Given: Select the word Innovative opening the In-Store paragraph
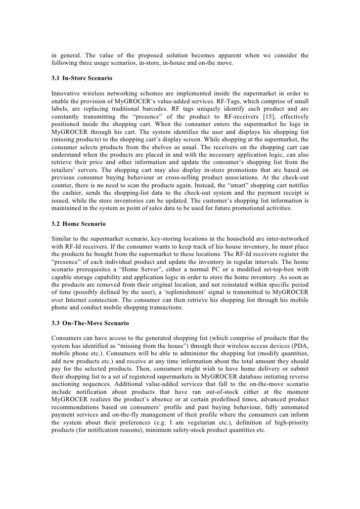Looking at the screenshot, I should [x=68, y=93].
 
